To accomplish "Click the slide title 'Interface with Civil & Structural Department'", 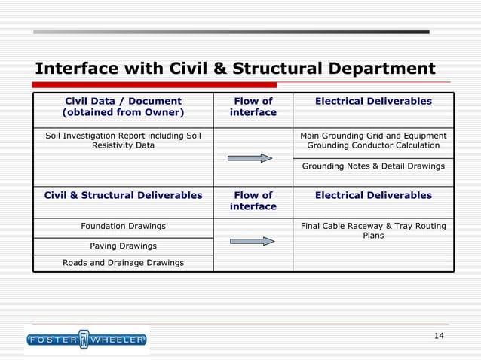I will (234, 69).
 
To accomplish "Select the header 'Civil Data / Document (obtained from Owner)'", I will (123, 107).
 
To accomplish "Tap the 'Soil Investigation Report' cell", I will (123, 140).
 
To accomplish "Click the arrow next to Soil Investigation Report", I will (251, 158).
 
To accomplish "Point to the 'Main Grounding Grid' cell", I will (373, 140).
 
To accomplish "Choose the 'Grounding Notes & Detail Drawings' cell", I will (373, 166).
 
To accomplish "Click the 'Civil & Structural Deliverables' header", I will (123, 195).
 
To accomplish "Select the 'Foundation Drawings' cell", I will (123, 226).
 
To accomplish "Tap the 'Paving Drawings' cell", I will (123, 246).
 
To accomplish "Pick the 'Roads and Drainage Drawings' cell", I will (123, 263).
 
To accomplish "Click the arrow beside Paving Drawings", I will (252, 241).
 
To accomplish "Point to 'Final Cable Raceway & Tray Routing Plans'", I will (373, 230).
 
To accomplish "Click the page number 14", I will (440, 335).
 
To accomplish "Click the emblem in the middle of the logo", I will (84, 340).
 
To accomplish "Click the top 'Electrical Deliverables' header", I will (373, 101).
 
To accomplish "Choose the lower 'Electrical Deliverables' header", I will (373, 195).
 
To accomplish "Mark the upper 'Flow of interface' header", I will (253, 107).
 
